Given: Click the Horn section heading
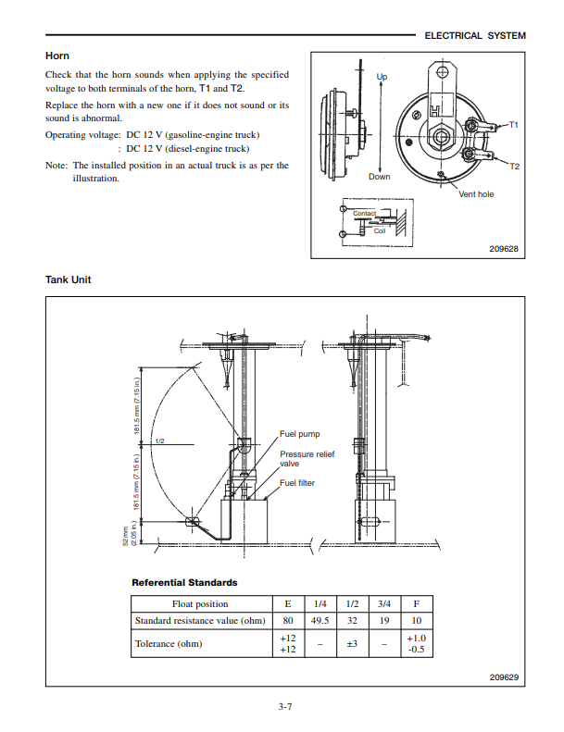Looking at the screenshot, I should pyautogui.click(x=57, y=56).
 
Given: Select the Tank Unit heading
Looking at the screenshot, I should pyautogui.click(x=69, y=279).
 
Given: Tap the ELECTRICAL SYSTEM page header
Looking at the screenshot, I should pyautogui.click(x=474, y=36).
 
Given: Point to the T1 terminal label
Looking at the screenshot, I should pyautogui.click(x=514, y=123).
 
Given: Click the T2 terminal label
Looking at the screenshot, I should pyautogui.click(x=514, y=167).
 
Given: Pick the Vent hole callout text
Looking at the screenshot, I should pyautogui.click(x=476, y=194).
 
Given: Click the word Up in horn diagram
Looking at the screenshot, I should pyautogui.click(x=382, y=76).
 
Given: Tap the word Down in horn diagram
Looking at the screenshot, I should pyautogui.click(x=380, y=176).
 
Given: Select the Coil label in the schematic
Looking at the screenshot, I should pyautogui.click(x=380, y=230).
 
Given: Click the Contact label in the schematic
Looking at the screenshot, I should pyautogui.click(x=364, y=214).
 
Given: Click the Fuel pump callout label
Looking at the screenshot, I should pyautogui.click(x=299, y=433).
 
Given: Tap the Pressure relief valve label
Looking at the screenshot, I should pyautogui.click(x=307, y=459).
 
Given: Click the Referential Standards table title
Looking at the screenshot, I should pyautogui.click(x=184, y=583).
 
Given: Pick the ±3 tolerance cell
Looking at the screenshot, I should pyautogui.click(x=352, y=643).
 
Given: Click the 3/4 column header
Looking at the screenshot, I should pyautogui.click(x=382, y=603).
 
